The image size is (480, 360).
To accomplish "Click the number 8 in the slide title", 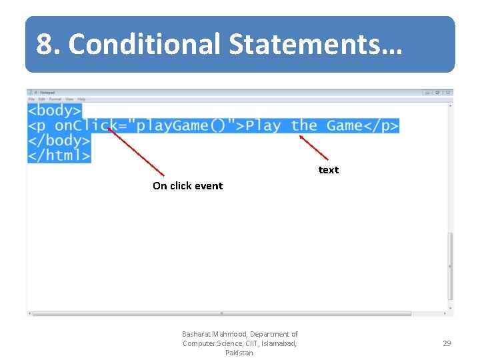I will click(45, 45).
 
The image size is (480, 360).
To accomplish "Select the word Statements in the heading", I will click(306, 45).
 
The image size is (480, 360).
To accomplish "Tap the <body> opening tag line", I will click(55, 111).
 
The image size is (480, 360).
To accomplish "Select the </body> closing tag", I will click(59, 141).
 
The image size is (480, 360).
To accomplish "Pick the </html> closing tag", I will click(59, 156).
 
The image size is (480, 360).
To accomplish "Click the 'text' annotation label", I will click(328, 170).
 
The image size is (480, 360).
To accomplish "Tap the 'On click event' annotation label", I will click(187, 186).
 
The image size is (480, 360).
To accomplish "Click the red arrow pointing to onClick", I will click(136, 152).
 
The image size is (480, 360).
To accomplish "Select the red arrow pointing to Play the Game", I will click(314, 147).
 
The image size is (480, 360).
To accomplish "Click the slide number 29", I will click(447, 343).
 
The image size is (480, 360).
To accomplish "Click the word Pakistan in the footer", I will click(239, 353).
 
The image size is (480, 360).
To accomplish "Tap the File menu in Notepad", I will click(31, 99).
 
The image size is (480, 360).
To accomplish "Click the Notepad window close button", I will click(449, 93).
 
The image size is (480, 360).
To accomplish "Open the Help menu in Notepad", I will click(81, 99).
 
